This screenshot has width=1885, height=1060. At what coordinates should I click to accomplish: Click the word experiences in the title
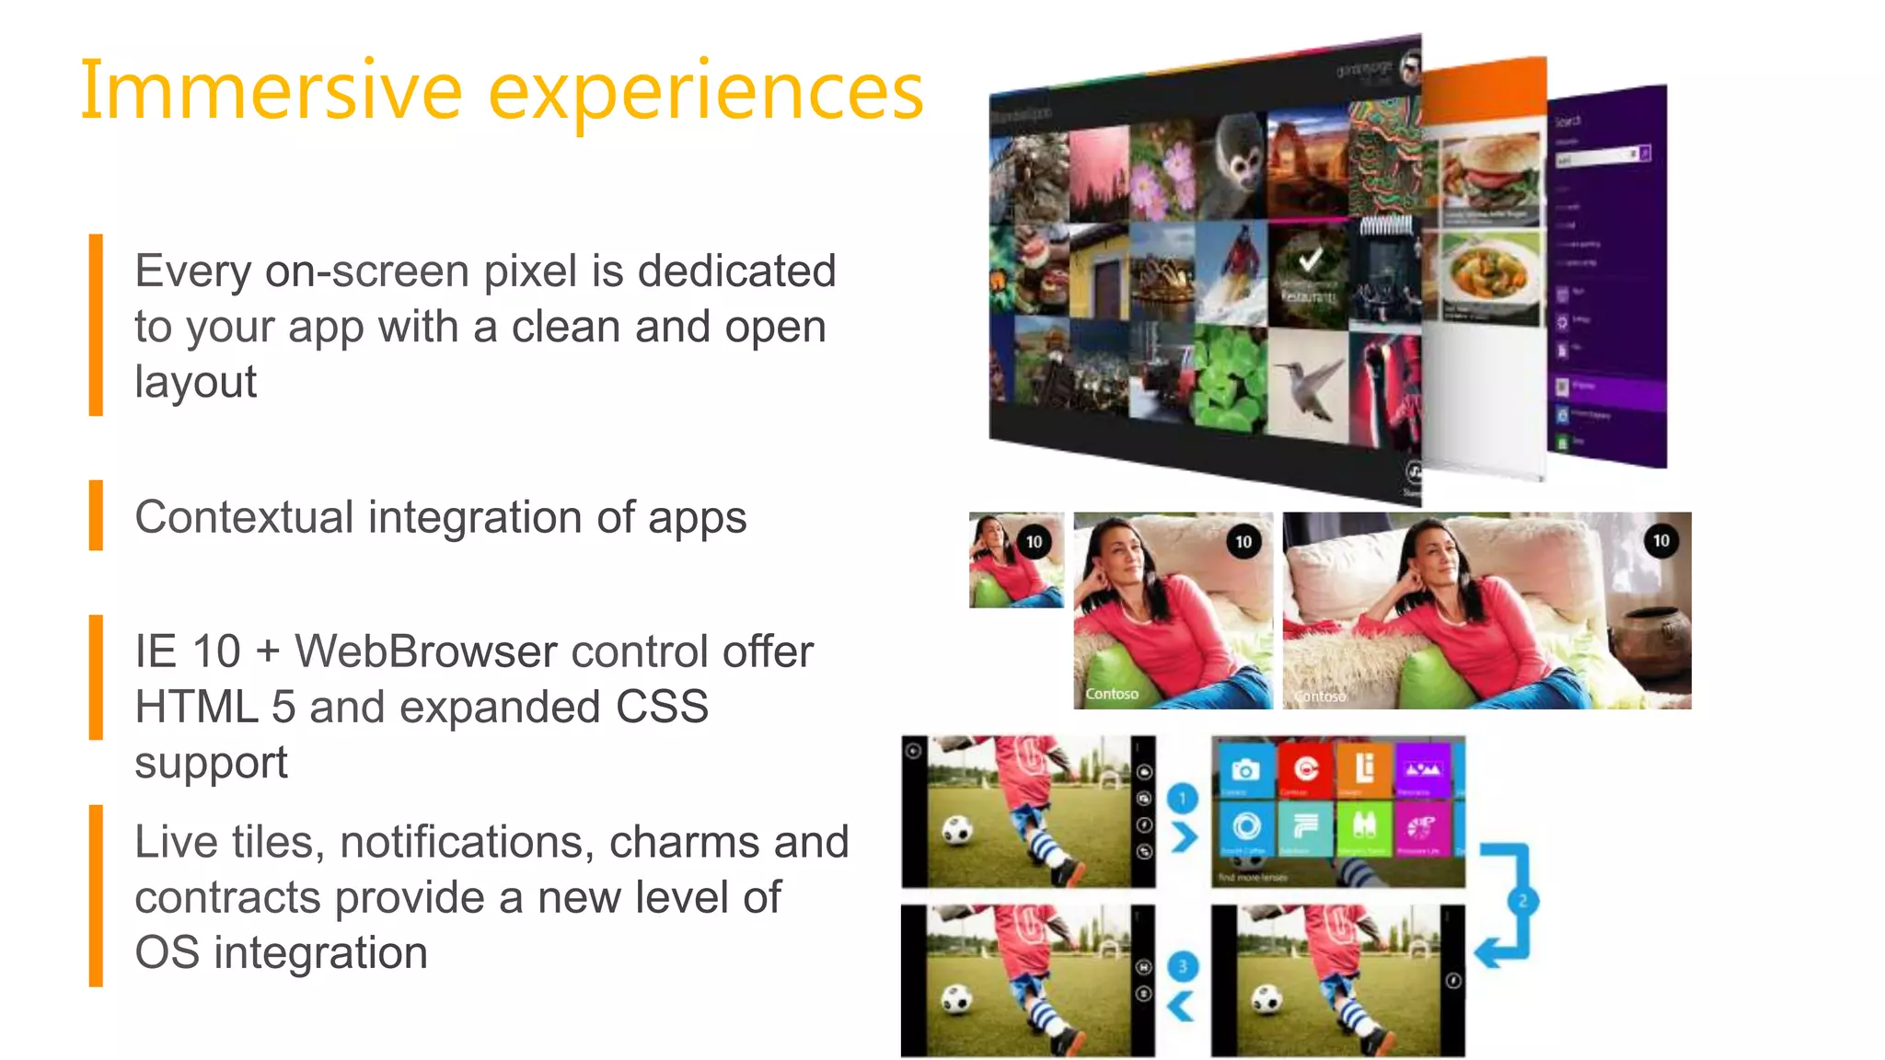coord(705,92)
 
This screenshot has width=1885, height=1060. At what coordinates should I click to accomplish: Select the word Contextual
coord(244,517)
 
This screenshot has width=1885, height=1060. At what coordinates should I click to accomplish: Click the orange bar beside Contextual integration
coord(96,515)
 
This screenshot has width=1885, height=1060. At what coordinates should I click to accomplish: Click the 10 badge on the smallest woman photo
coord(1034,542)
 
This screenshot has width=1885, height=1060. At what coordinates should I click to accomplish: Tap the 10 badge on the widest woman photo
coord(1660,541)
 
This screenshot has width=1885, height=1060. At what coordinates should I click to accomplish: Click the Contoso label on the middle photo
coord(1112,694)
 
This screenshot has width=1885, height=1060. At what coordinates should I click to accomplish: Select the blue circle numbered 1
coord(1183,798)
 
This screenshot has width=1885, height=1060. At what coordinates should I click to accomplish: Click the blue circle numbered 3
coord(1183,966)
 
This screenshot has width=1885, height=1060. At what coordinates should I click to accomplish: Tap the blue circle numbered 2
coord(1522,901)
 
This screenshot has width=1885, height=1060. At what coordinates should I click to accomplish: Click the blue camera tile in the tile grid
coord(1245,769)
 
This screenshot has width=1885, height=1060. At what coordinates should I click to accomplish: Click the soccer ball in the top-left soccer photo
coord(957,832)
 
